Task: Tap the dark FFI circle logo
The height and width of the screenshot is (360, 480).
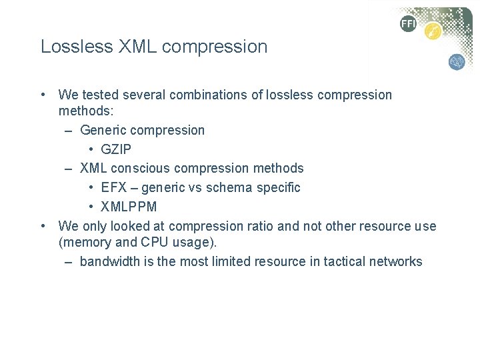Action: click(408, 25)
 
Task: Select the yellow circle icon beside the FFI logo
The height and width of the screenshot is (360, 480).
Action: click(433, 31)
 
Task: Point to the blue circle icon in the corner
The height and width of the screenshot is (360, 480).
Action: click(457, 62)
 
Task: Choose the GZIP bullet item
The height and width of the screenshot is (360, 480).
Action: click(117, 149)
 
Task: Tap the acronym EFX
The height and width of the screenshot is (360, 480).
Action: click(114, 187)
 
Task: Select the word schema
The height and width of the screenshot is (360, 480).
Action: click(226, 187)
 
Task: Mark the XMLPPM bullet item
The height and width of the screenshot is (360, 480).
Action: click(129, 207)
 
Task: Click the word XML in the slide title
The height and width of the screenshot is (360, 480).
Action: click(132, 47)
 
